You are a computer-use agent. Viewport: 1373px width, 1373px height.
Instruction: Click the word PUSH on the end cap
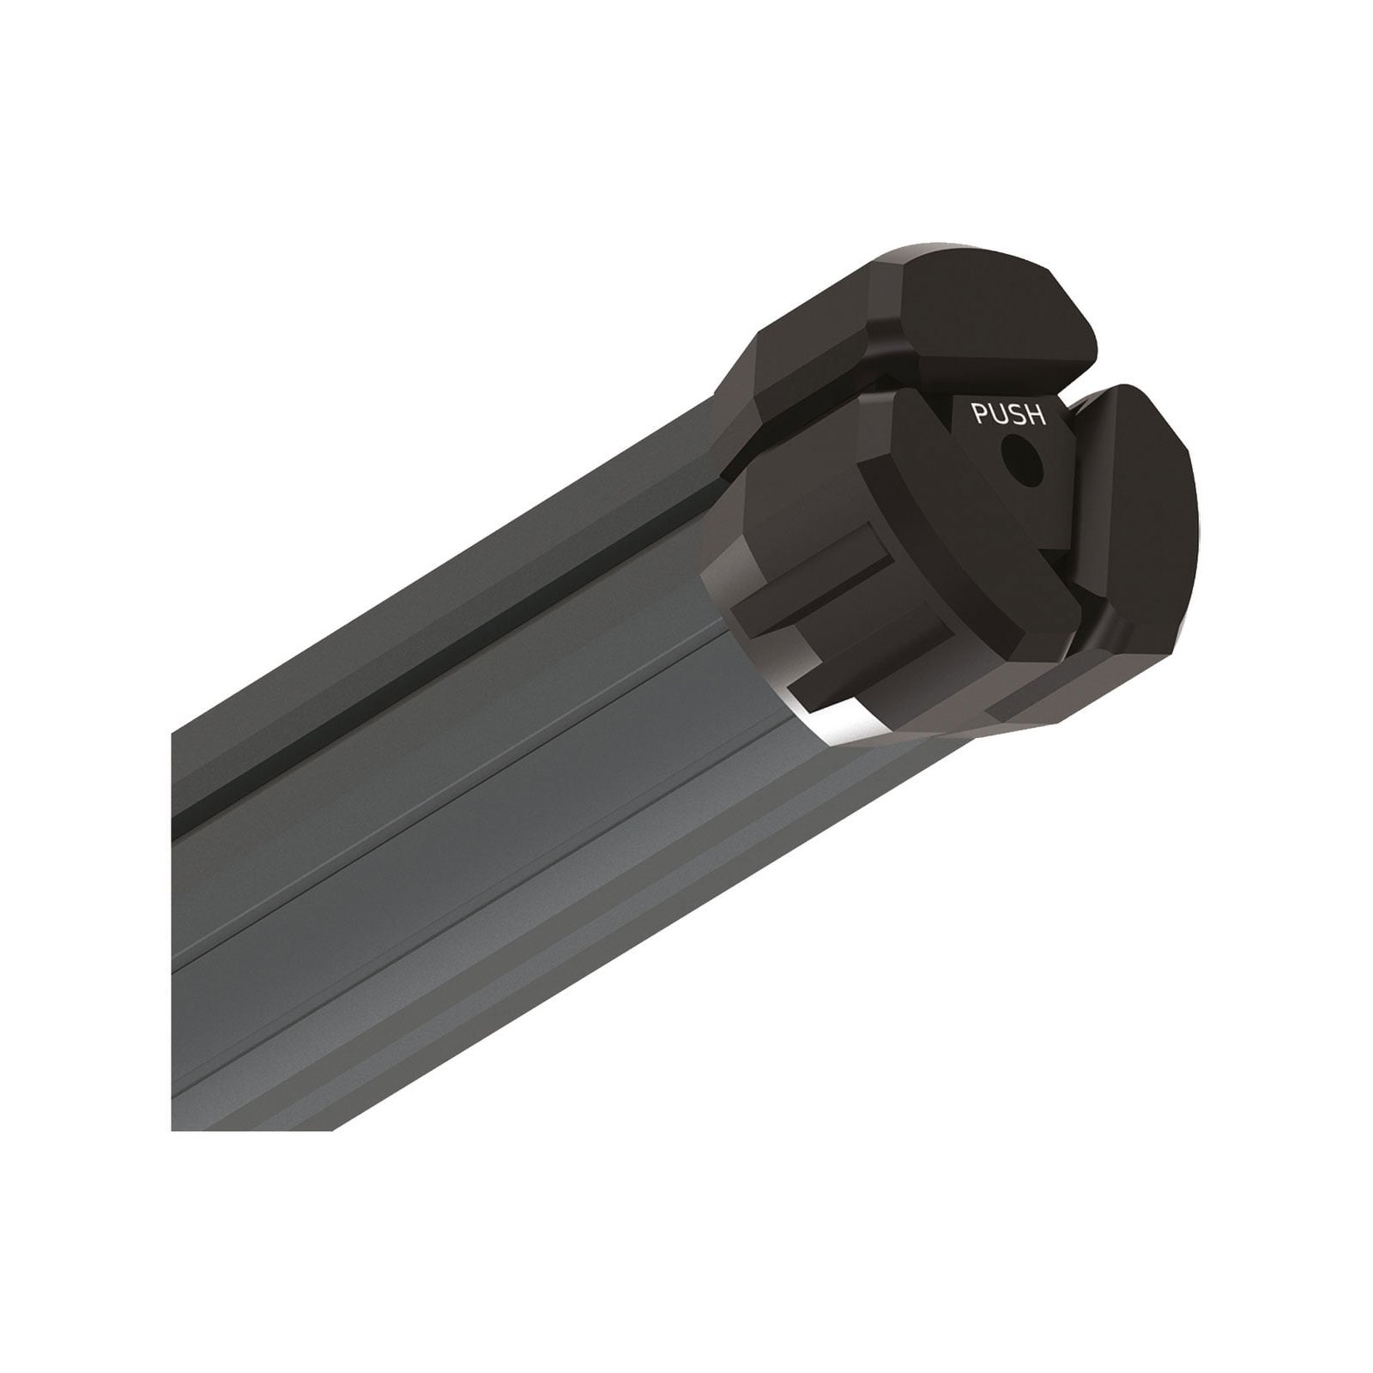click(1008, 414)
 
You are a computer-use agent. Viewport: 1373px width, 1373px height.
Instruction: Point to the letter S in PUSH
click(1018, 414)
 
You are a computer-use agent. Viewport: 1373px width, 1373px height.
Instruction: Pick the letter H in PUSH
click(1037, 414)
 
